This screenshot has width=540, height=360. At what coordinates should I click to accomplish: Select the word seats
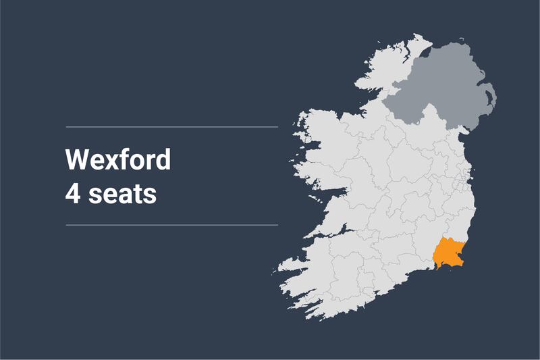pos(124,195)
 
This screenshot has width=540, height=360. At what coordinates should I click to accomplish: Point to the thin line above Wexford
pos(171,126)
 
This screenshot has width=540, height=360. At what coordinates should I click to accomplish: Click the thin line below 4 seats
pos(171,224)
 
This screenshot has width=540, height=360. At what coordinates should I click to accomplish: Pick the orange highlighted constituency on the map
pos(447,253)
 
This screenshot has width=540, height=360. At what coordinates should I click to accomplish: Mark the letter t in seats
pos(136,195)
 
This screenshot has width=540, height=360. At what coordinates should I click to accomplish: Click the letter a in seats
pos(123,196)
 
